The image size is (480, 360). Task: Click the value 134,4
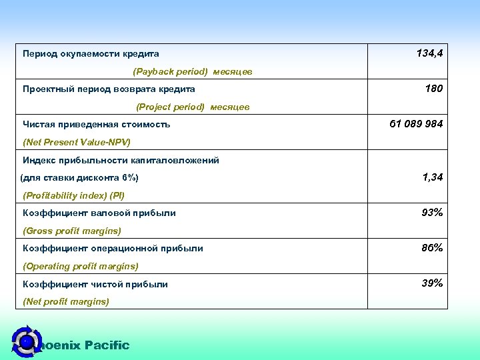tap(429, 53)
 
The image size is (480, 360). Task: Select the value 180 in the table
tap(433, 89)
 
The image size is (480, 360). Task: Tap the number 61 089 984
tap(416, 124)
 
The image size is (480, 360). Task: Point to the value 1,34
tap(432, 177)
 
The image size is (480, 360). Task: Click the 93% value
tap(432, 213)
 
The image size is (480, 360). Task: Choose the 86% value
tap(432, 248)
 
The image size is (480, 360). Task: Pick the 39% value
tap(432, 283)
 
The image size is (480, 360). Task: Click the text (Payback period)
tap(171, 71)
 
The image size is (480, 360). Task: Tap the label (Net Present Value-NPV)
tap(77, 142)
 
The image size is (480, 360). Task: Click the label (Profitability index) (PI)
tap(73, 195)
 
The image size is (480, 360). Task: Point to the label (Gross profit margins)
tap(72, 231)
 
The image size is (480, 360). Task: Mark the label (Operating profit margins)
tap(81, 266)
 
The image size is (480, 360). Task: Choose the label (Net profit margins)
tap(66, 301)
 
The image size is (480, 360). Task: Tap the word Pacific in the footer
tap(107, 345)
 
